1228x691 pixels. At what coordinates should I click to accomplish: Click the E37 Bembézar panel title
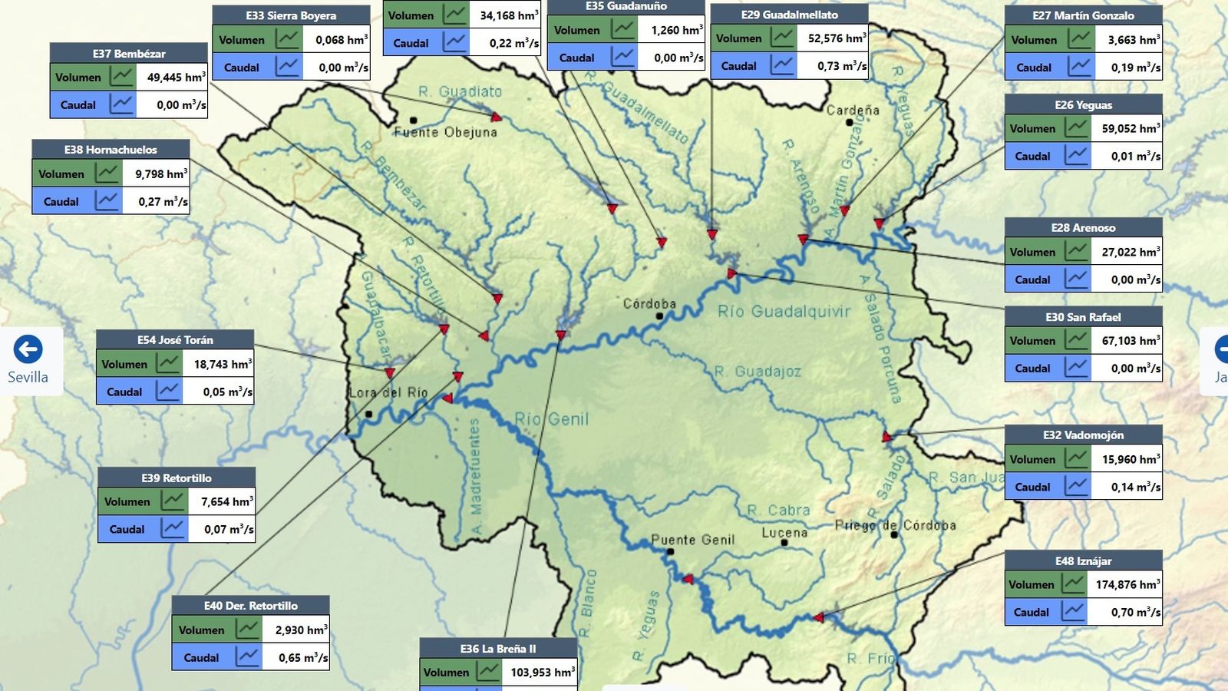pos(129,54)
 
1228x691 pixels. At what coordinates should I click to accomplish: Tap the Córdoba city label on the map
pos(649,303)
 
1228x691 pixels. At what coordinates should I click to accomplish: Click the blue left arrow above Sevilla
pos(28,349)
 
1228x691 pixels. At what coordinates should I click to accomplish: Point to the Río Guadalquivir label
pos(784,311)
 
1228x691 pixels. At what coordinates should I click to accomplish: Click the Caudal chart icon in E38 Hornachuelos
pos(107,201)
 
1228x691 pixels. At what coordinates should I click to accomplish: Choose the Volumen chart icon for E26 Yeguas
pos(1077,128)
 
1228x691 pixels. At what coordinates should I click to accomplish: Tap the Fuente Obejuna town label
pos(445,132)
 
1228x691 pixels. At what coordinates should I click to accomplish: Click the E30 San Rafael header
pos(1083,317)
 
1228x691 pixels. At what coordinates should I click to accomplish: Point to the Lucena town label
pos(784,532)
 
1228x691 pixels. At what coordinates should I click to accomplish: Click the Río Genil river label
pos(551,419)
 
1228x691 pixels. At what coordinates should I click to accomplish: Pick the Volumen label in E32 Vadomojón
pos(1032,459)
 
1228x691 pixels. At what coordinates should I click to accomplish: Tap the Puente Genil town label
pos(692,540)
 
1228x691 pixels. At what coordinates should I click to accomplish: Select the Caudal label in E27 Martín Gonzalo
pos(1033,68)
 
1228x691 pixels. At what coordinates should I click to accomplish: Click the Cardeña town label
pos(853,110)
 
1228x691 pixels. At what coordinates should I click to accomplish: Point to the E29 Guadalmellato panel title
pos(789,15)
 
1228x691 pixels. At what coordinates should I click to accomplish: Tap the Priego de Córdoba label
pos(896,525)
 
